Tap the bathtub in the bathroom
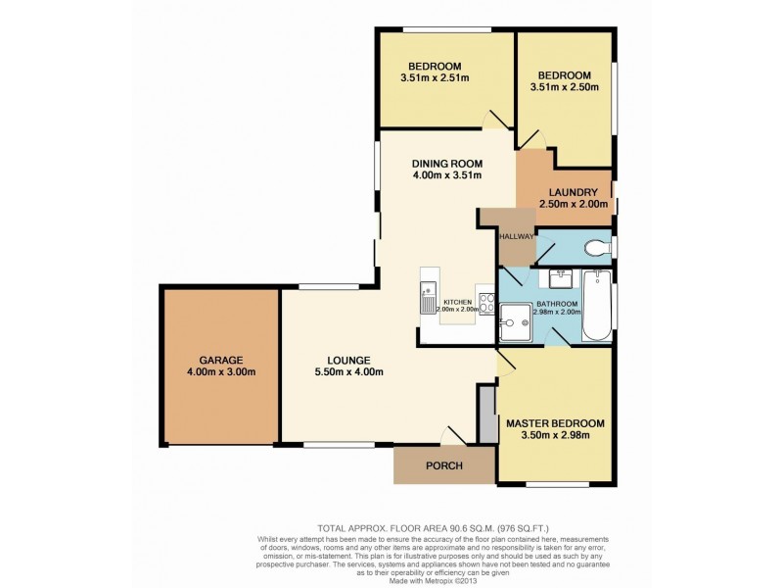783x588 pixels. pos(595,306)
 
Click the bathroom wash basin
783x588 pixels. pos(561,279)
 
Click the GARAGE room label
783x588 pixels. pos(221,360)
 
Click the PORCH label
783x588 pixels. pos(443,465)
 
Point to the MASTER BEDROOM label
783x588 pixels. pos(555,423)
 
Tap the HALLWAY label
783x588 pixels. pos(516,237)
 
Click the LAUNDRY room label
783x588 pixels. pos(573,192)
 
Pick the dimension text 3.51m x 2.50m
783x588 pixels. pos(566,87)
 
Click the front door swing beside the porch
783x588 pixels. pos(451,434)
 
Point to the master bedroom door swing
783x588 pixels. pos(507,366)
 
